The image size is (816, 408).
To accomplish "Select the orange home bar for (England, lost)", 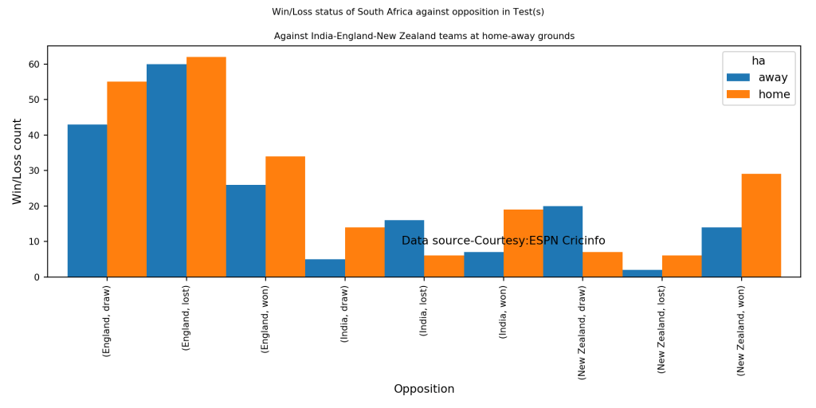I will pyautogui.click(x=206, y=167).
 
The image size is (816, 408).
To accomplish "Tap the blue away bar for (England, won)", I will pyautogui.click(x=245, y=231).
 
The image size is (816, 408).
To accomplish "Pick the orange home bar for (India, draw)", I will pyautogui.click(x=364, y=253).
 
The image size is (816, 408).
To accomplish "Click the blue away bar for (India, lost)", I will pyautogui.click(x=404, y=249).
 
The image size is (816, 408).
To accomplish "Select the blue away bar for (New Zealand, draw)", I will pyautogui.click(x=563, y=241).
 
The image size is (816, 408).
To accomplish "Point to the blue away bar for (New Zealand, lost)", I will pyautogui.click(x=642, y=273).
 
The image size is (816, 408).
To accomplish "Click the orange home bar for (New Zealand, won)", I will pyautogui.click(x=761, y=226).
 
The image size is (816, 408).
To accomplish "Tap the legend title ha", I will pyautogui.click(x=758, y=61).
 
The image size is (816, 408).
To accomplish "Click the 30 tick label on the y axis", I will pyautogui.click(x=34, y=171).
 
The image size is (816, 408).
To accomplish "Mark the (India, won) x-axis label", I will pyautogui.click(x=504, y=312).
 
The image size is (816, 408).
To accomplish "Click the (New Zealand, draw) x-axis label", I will pyautogui.click(x=583, y=331).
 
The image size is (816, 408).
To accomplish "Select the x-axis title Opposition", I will pyautogui.click(x=424, y=389).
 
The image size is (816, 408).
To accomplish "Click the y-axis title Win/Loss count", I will pyautogui.click(x=17, y=161).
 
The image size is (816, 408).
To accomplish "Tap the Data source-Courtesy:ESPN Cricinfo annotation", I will pyautogui.click(x=503, y=241).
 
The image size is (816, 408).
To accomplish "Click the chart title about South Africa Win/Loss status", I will pyautogui.click(x=408, y=12).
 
